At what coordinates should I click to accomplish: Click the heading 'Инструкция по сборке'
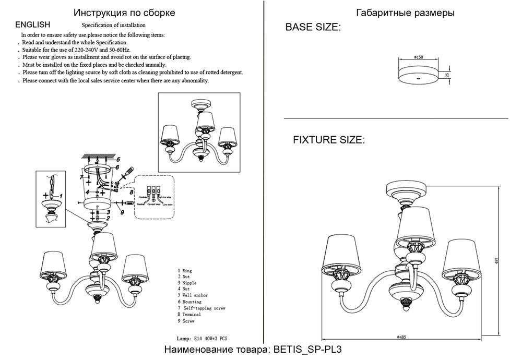click(124, 13)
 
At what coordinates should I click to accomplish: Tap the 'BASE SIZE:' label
click(313, 28)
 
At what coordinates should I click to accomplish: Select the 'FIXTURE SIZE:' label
click(328, 140)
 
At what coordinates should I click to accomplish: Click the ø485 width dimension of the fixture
click(401, 338)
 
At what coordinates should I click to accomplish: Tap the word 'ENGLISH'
click(33, 25)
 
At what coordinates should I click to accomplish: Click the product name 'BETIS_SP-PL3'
click(310, 350)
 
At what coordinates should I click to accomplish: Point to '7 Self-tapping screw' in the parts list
click(201, 308)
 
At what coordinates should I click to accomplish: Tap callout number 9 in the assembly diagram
click(121, 211)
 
